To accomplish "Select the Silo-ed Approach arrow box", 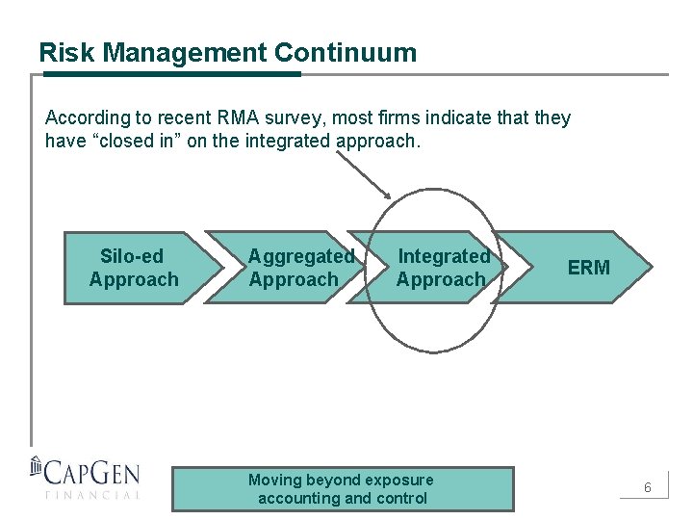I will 135,268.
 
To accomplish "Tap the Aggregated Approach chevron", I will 289,268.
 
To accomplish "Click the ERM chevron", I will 587,268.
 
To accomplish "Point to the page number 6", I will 648,488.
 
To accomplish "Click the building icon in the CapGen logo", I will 37,467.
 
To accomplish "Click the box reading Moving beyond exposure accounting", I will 342,488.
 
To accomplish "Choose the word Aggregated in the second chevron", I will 301,256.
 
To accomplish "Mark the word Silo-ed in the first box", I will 132,256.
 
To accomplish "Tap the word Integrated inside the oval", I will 444,256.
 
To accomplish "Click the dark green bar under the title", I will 169,73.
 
